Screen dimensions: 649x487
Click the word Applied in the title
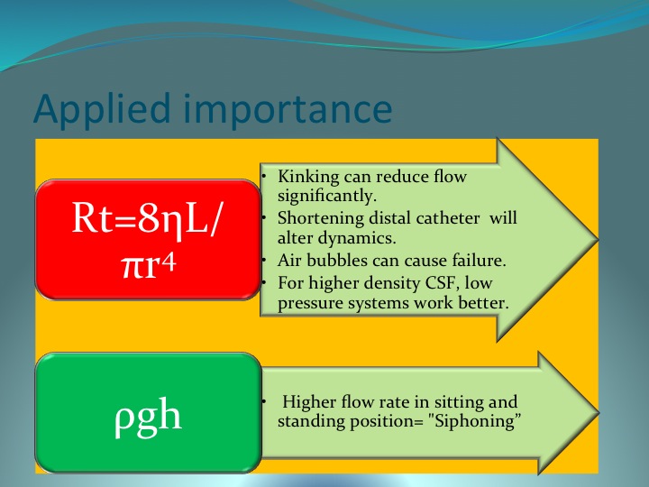pos(102,110)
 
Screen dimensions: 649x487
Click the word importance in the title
pos(288,108)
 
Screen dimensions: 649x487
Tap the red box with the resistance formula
pos(148,239)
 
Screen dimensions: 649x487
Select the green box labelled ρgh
pos(148,412)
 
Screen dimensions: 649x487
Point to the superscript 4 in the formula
pos(169,263)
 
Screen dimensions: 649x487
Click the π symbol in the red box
pos(132,268)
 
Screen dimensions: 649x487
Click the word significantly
pos(327,196)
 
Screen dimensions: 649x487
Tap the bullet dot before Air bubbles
pos(263,260)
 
